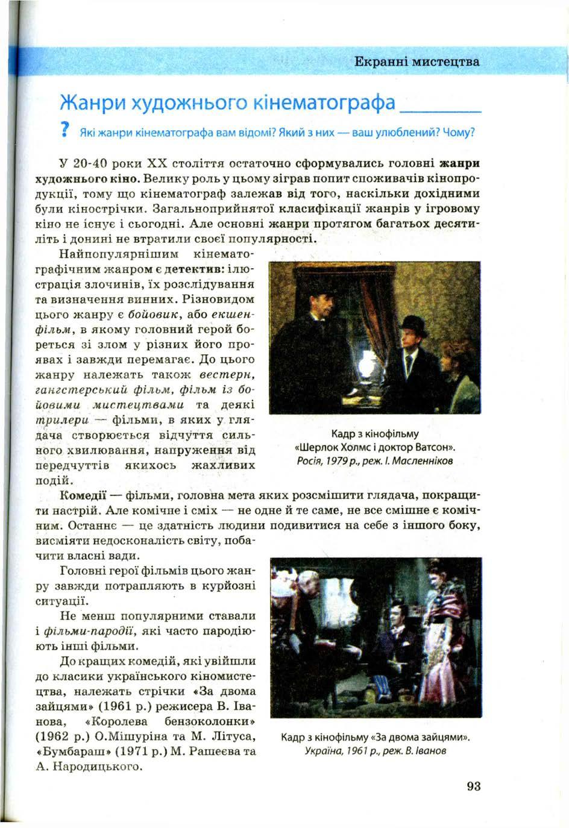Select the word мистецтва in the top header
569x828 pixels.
449,61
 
